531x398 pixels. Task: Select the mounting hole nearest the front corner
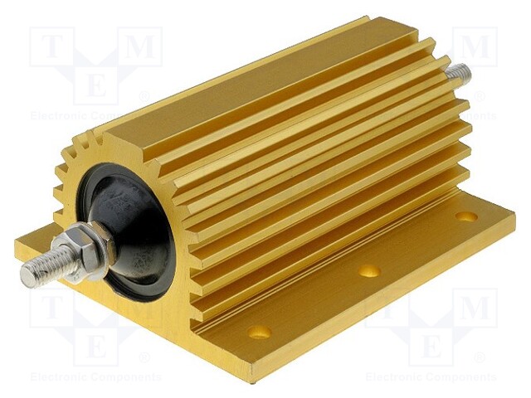click(x=259, y=332)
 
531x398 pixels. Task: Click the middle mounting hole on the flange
click(x=369, y=270)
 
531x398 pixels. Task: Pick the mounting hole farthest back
click(x=466, y=216)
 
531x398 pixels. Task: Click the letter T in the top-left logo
click(x=51, y=47)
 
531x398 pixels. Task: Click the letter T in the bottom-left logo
click(x=51, y=308)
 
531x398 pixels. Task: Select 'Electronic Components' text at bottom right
click(x=431, y=377)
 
